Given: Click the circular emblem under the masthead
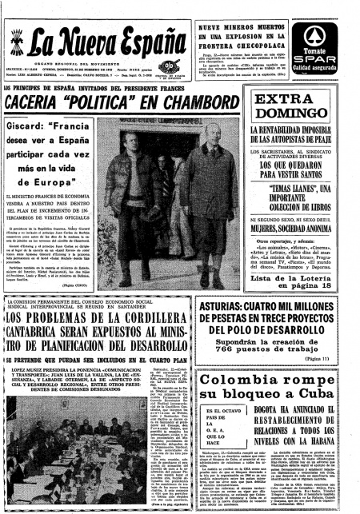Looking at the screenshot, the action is [x=167, y=66].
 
